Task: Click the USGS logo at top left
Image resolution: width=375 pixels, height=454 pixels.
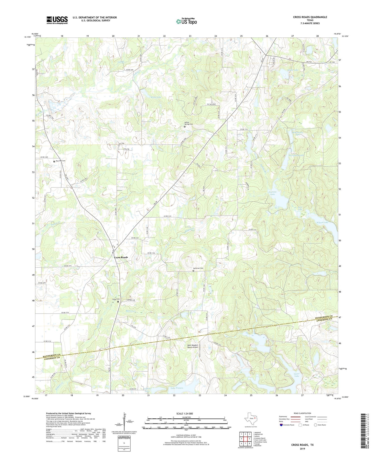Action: click(57, 20)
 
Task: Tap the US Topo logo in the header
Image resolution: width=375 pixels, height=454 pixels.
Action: click(186, 21)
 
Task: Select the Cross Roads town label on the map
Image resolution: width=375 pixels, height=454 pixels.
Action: click(121, 257)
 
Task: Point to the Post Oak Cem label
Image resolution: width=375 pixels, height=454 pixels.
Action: click(60, 161)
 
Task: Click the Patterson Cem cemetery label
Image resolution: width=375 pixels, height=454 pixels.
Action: click(198, 268)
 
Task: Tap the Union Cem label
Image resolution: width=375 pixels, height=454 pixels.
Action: click(115, 299)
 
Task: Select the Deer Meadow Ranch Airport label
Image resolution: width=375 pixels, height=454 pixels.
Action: click(193, 346)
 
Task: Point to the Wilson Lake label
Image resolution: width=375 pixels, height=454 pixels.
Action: click(322, 223)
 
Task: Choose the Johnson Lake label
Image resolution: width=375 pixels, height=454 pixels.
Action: click(272, 193)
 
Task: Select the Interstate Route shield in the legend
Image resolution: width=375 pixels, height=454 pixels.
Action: click(282, 425)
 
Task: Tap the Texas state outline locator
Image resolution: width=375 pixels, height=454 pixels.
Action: click(250, 418)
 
